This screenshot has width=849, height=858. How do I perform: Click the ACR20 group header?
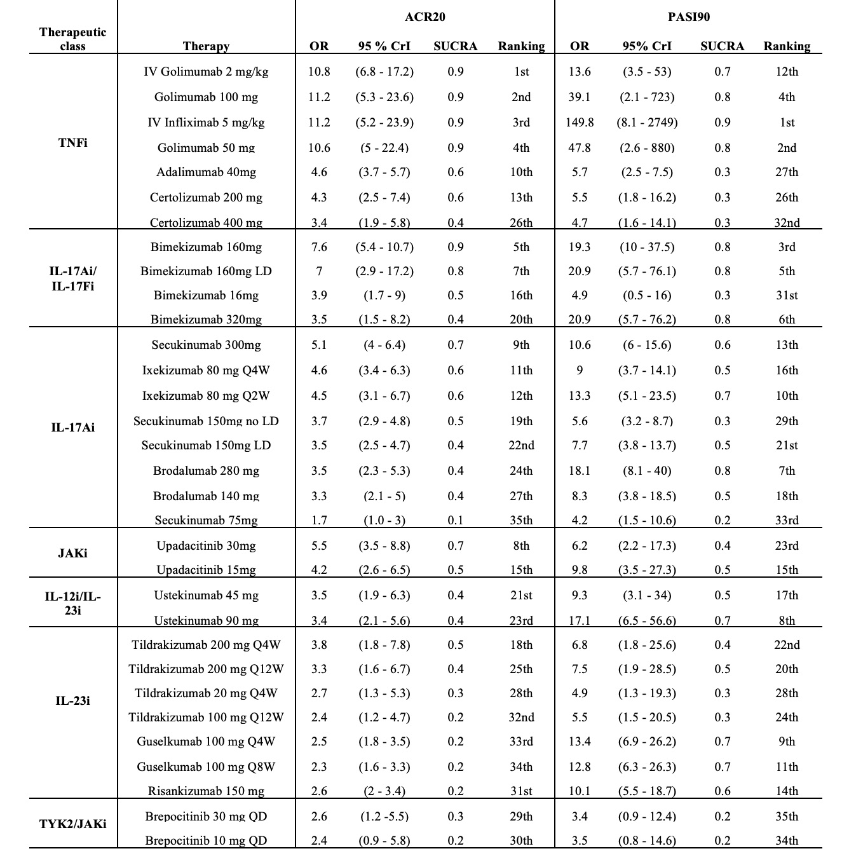coord(424,17)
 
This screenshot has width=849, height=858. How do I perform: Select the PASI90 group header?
coord(689,17)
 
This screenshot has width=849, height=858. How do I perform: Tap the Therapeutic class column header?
coord(72,39)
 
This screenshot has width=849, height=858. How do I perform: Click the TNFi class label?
coord(72,142)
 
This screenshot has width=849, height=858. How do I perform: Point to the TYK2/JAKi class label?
coord(72,824)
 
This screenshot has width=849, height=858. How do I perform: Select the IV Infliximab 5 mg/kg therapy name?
coord(206,123)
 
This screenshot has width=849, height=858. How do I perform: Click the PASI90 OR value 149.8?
coord(580,123)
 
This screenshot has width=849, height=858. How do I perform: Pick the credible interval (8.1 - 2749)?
coord(647,123)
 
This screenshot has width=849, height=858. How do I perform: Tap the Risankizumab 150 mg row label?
coord(206,791)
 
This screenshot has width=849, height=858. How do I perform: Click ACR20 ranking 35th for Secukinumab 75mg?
coord(521,521)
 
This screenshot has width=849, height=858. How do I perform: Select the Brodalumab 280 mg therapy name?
coord(206,471)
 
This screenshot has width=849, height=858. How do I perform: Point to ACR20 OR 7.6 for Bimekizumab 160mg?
coord(319,247)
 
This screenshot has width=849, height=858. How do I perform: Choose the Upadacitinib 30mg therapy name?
coord(206,546)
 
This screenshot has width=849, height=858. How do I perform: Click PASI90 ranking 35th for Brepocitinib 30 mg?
coord(787,817)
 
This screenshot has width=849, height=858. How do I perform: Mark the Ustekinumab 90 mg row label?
coord(206,621)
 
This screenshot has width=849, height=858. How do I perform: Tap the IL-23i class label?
coord(72,701)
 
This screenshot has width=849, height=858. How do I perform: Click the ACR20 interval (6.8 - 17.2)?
coord(384,72)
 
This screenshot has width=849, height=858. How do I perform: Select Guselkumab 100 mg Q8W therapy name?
coord(206,767)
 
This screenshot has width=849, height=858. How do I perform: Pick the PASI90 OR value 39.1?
coord(580,97)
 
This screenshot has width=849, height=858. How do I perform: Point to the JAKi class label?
coord(72,554)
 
